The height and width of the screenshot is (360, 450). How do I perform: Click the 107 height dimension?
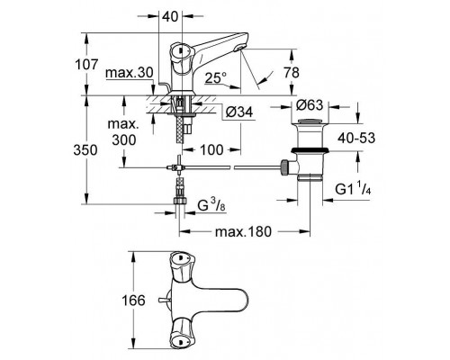point(86,65)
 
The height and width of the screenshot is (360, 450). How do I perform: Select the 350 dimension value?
point(85,150)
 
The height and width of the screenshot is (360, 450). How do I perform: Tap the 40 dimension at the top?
point(170,16)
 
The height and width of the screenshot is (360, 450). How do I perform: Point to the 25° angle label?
point(216,77)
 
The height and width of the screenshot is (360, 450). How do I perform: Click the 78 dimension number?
point(292,73)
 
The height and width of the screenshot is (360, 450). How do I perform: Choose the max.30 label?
point(130,73)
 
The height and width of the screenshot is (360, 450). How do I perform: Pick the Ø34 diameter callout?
point(239,112)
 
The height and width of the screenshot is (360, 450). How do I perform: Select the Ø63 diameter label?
point(310,105)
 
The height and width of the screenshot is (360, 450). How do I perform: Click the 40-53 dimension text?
point(356,138)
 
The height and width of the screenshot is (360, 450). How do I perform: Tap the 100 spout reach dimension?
point(211,149)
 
